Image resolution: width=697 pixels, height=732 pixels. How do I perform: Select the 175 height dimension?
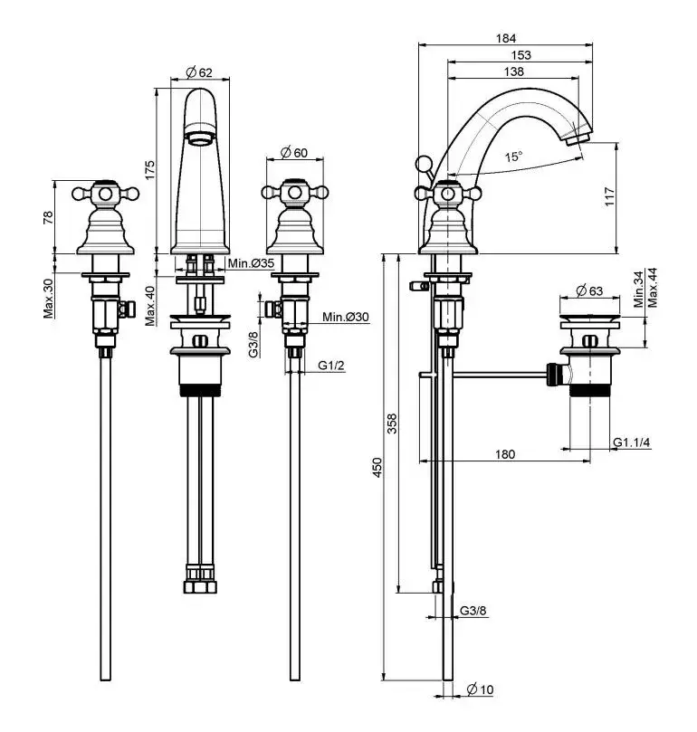[150, 170]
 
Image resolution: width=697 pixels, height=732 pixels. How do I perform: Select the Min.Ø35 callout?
[251, 263]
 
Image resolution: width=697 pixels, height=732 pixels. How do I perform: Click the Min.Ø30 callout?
[345, 316]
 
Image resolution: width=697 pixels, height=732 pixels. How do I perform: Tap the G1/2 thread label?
[331, 366]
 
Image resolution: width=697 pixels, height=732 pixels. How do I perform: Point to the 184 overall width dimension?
[506, 38]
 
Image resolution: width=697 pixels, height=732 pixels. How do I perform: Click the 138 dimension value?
[512, 71]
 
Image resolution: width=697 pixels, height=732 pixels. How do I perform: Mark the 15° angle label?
[514, 157]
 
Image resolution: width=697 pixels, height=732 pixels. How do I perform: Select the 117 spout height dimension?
[609, 196]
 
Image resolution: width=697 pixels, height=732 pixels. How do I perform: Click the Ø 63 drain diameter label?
[589, 290]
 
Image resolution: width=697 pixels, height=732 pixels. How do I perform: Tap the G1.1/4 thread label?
[633, 442]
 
